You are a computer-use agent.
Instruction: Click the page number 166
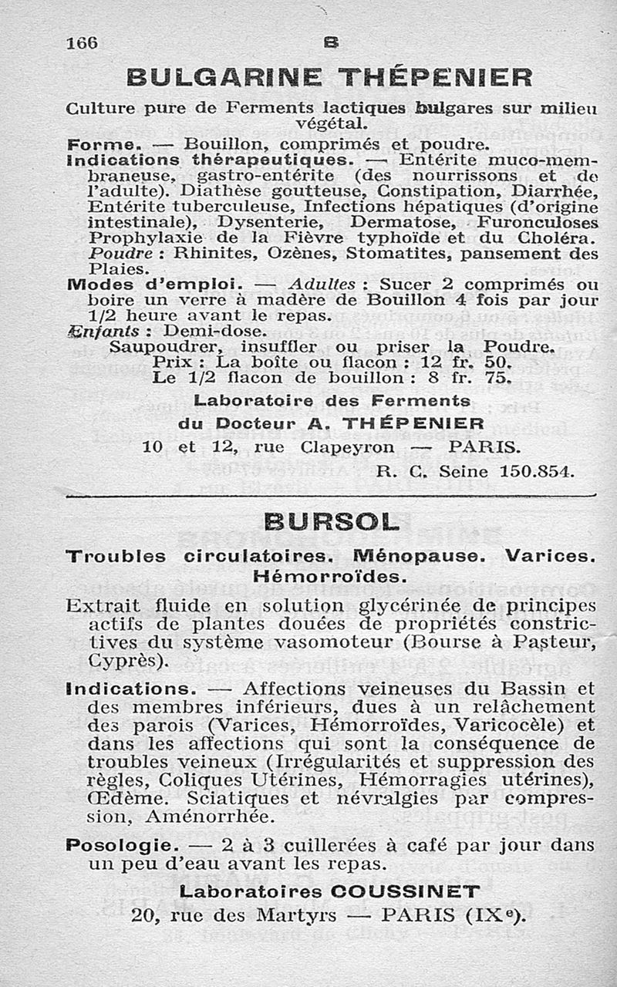click(82, 43)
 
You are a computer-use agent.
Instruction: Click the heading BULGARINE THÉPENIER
click(329, 78)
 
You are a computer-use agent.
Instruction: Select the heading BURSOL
click(331, 522)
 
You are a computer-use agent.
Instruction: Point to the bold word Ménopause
click(410, 555)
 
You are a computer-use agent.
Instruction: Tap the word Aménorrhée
click(208, 816)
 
